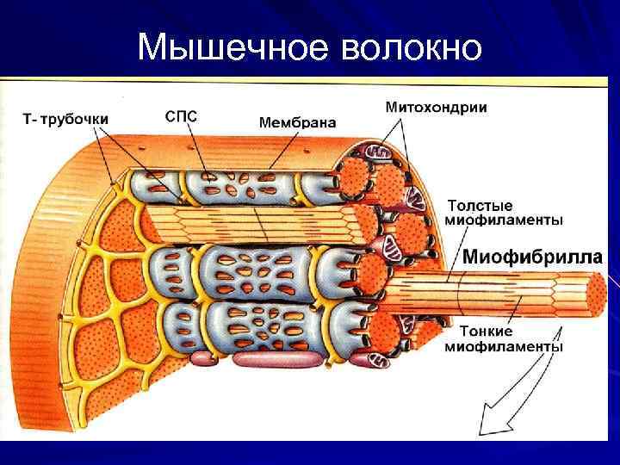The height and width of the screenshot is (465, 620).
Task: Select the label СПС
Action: coord(181,115)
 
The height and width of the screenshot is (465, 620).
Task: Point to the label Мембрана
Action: coord(297,123)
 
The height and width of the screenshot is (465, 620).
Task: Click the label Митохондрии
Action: coord(435,108)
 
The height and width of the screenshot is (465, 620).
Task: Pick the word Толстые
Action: coord(480,206)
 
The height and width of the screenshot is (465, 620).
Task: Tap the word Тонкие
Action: coord(487,332)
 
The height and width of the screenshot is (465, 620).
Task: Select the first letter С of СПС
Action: coord(169,115)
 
